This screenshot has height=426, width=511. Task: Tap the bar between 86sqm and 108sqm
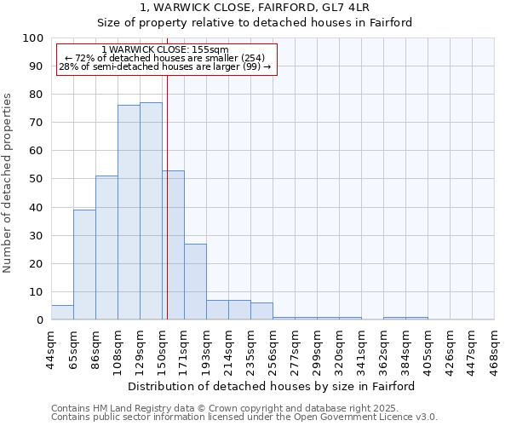[x=106, y=248]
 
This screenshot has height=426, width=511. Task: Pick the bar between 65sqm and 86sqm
[x=84, y=265]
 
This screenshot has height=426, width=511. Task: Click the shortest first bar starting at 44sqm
[x=62, y=313]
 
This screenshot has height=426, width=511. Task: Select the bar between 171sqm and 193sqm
[x=195, y=282]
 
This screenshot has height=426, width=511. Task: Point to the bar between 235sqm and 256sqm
[x=261, y=311]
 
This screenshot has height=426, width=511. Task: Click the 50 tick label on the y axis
[x=36, y=179]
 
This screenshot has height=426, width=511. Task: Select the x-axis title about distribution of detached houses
[x=273, y=386]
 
